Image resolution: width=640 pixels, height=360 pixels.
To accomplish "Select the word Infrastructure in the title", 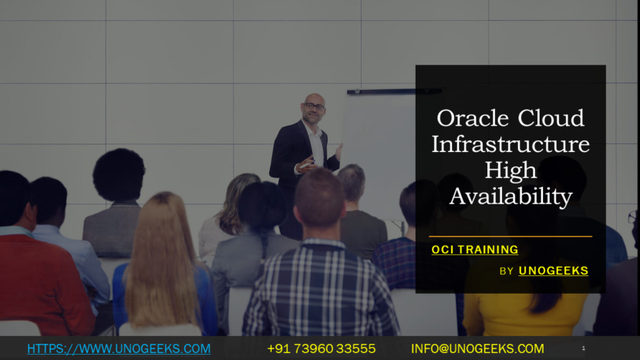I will (510, 144).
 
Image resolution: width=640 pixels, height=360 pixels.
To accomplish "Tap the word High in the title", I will (510, 170).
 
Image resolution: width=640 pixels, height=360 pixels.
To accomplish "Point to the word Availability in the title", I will (510, 196).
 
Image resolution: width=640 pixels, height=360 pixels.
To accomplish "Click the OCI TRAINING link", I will (474, 250).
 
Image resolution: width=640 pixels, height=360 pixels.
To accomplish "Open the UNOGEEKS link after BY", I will (553, 271).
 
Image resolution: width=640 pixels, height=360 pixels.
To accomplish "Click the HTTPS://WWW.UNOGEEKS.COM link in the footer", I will (119, 348).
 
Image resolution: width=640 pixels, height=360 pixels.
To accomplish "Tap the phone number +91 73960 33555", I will (322, 348).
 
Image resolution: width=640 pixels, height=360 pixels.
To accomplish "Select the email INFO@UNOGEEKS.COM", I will (477, 348).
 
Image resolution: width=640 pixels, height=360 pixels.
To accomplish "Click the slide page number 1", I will (583, 348).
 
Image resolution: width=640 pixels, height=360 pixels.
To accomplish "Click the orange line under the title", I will (510, 236).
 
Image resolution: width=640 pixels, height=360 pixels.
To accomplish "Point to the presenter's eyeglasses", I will (314, 106).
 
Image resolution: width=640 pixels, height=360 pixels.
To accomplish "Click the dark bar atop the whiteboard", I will (382, 91).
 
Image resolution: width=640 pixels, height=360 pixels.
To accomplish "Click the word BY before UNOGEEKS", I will (507, 271).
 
